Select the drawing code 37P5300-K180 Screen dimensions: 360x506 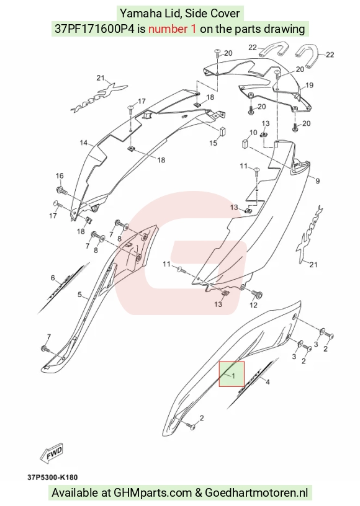[x=52, y=477]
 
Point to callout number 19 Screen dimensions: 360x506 [x=309, y=85]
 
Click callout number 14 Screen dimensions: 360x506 [x=84, y=143]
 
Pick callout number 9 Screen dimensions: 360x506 [x=317, y=181]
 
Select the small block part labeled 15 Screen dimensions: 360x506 [x=223, y=131]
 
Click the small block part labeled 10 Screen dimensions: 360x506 [x=246, y=143]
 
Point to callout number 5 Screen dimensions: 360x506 [x=79, y=295]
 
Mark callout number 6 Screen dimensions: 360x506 [x=53, y=278]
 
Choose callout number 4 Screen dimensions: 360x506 [x=268, y=382]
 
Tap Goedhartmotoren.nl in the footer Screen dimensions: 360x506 [x=256, y=493]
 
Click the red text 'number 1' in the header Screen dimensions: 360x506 [x=172, y=29]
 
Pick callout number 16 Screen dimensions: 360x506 [x=60, y=176]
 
